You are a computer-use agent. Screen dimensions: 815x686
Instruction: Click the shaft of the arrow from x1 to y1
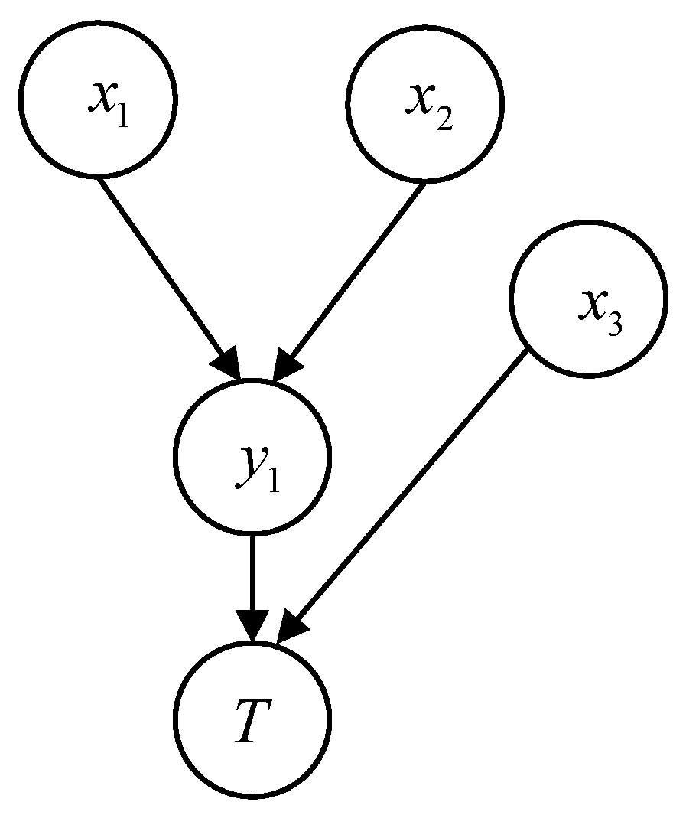pos(164,268)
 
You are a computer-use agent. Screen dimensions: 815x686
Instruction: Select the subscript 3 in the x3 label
pos(614,324)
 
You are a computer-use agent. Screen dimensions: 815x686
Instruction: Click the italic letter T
pos(251,719)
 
